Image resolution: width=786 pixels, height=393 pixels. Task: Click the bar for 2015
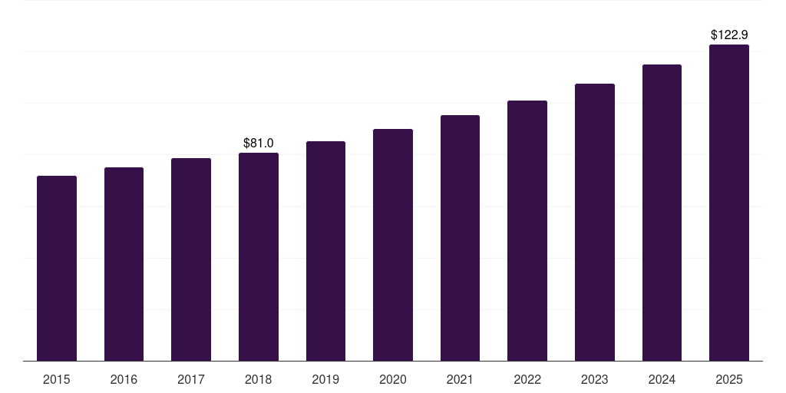tap(57, 268)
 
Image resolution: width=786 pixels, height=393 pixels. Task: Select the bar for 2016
tap(124, 264)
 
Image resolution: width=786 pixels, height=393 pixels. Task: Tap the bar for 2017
tap(191, 259)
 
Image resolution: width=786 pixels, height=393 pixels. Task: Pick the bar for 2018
tap(259, 256)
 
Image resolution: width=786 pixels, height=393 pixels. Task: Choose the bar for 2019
tap(325, 251)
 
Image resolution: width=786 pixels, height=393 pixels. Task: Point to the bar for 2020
tap(393, 245)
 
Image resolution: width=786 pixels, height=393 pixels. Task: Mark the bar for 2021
tap(460, 238)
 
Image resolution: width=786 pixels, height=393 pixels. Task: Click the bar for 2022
tap(527, 230)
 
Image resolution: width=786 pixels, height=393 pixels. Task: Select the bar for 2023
tap(595, 222)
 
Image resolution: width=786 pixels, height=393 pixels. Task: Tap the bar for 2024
tap(662, 213)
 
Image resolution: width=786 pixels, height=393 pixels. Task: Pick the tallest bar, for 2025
tap(729, 203)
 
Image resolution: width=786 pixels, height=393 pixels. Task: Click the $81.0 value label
tap(259, 143)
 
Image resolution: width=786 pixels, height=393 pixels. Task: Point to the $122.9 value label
tap(729, 35)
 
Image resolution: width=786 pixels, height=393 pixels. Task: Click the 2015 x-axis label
tap(57, 379)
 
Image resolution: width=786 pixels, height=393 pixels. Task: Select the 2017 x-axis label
tap(191, 379)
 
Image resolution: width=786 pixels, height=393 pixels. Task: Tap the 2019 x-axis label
tap(325, 379)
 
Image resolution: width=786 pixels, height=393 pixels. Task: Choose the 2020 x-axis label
tap(393, 379)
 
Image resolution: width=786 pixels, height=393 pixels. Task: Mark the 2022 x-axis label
tap(527, 379)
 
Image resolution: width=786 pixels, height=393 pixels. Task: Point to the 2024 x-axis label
tap(662, 379)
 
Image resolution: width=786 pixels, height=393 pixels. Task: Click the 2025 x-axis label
tap(729, 379)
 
